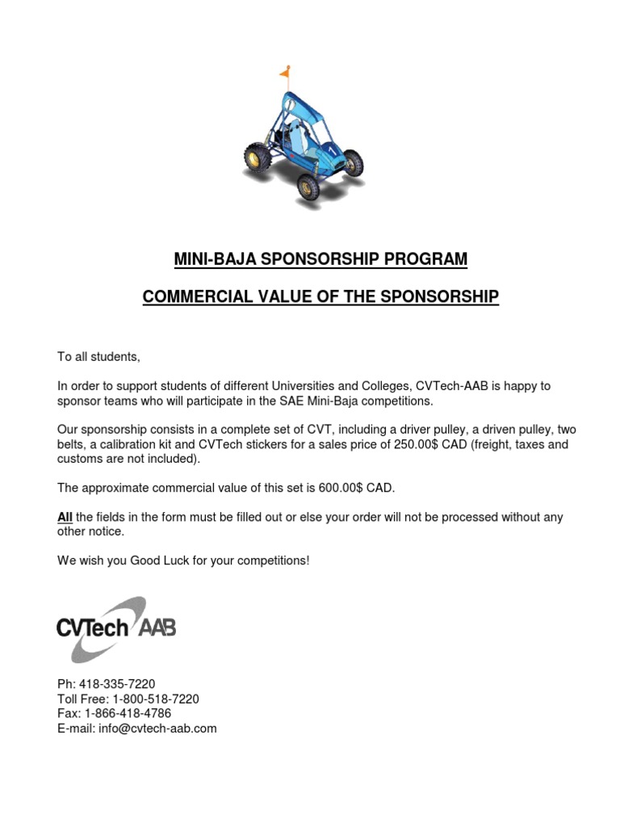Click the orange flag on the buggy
[x=284, y=74]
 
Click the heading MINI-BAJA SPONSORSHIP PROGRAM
[x=320, y=259]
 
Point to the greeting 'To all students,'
[x=98, y=356]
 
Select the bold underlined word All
[x=65, y=517]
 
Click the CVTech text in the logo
[x=92, y=628]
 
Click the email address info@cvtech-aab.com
[x=157, y=728]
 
